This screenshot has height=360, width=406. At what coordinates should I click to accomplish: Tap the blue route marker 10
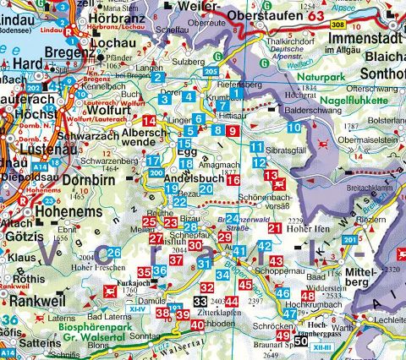(293, 128)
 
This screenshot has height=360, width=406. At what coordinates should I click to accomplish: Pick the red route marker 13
(271, 175)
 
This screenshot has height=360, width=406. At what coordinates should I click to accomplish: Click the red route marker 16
(233, 180)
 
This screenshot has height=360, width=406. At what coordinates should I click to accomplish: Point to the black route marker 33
(200, 301)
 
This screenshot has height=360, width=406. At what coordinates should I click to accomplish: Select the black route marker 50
(301, 341)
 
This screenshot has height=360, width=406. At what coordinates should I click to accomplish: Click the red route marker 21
(274, 228)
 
